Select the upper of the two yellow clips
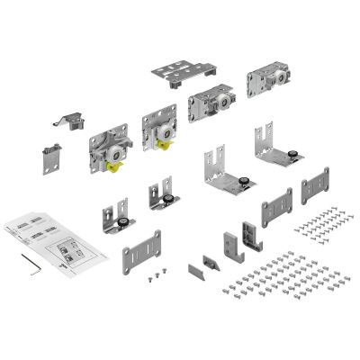click(166, 143)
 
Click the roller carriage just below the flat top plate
click(214, 107)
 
